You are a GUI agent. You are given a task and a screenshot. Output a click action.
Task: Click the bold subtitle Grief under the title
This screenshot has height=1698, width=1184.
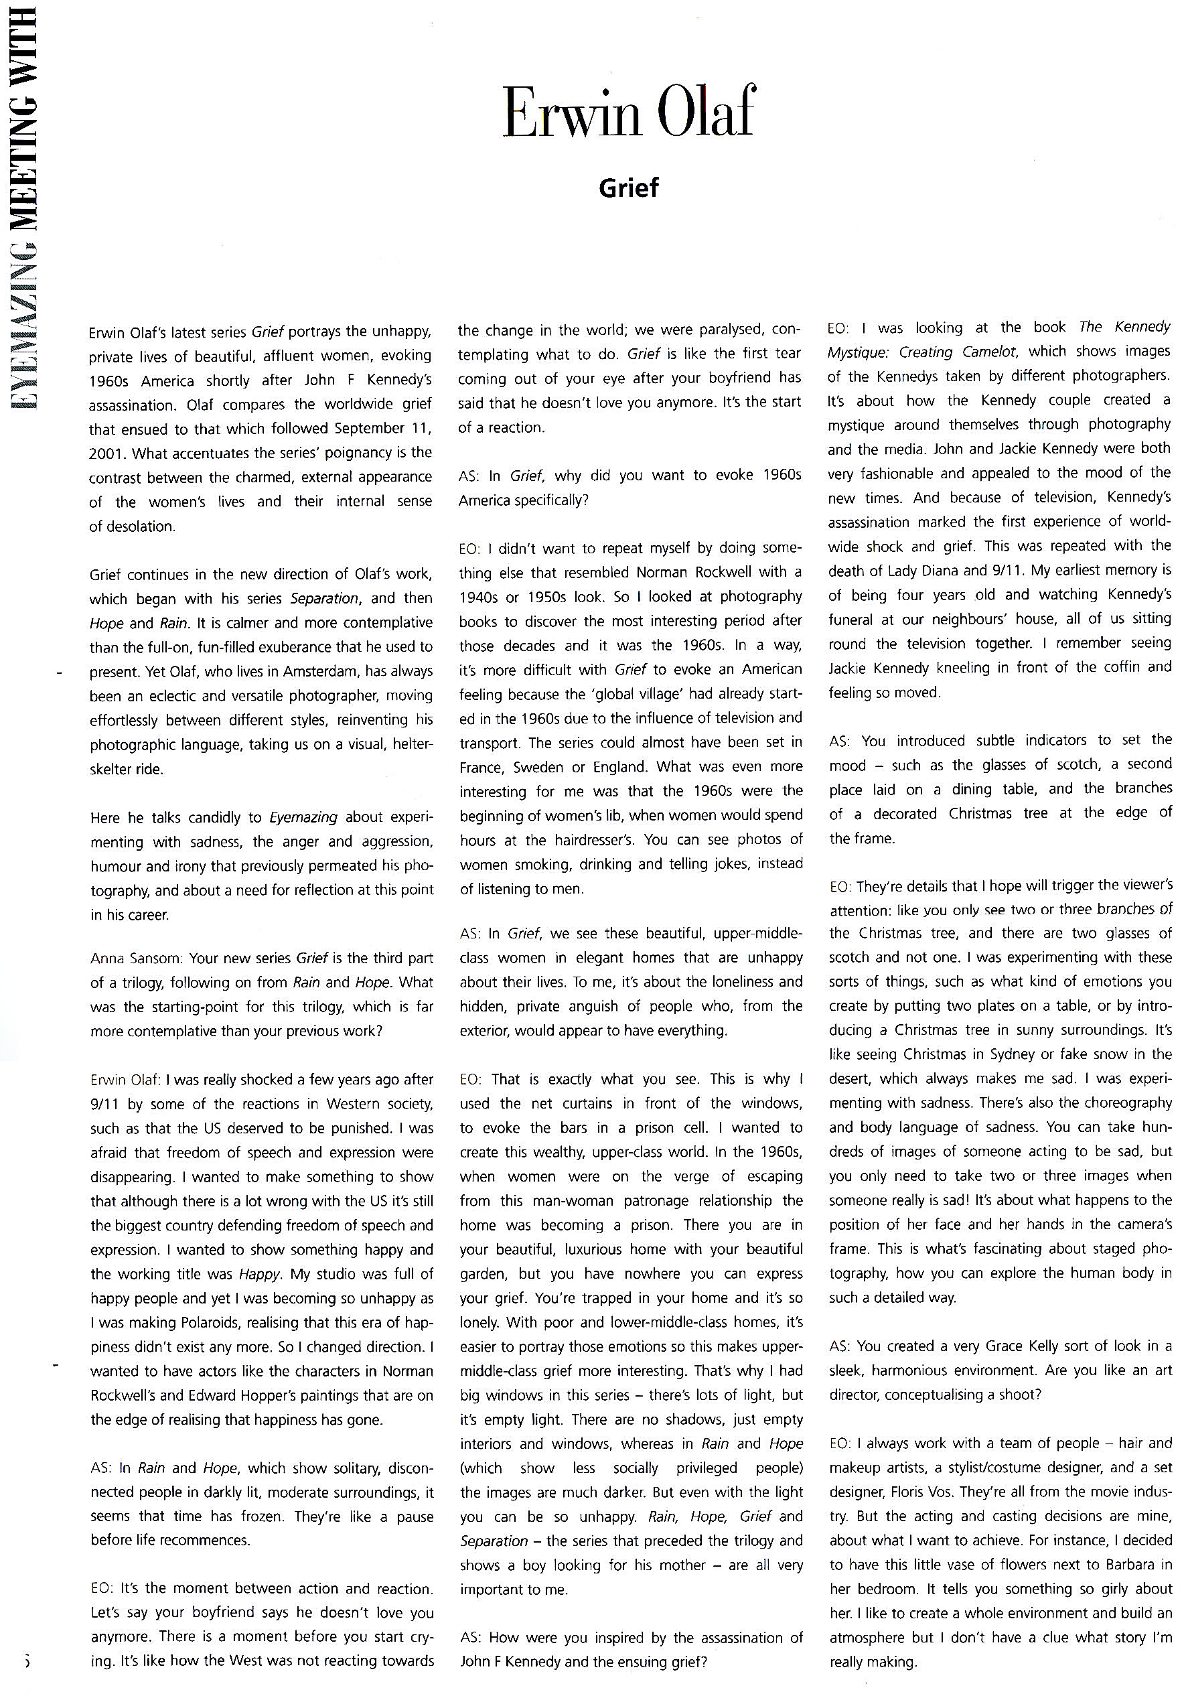click(x=628, y=188)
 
